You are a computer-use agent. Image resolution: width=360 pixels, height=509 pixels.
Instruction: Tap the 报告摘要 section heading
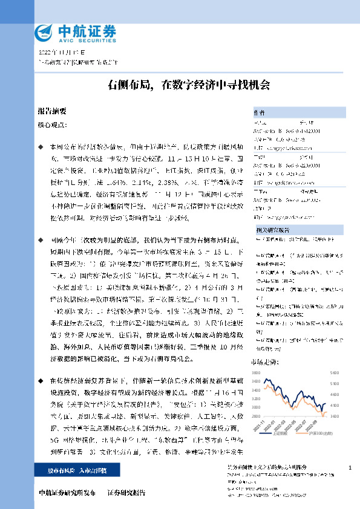(51, 111)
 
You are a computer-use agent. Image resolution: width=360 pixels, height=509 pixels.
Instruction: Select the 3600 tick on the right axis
(333, 416)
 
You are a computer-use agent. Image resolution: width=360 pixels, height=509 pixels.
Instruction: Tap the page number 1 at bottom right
(350, 468)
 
